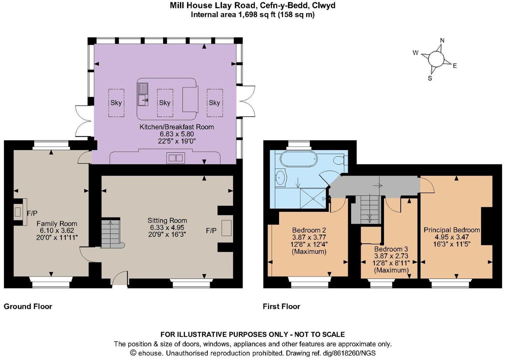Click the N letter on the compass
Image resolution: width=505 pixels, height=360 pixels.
442,41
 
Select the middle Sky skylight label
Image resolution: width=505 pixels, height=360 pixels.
165,103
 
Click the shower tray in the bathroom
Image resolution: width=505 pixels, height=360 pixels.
313,198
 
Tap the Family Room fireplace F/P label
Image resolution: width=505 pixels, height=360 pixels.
32,213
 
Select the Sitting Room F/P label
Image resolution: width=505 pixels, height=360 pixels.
211,230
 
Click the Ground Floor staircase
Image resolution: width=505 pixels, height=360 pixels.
110,233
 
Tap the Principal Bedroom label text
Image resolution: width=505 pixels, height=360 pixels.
452,230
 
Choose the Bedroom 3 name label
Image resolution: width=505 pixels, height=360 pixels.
391,249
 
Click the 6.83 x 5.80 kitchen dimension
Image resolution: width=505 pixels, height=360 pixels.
176,134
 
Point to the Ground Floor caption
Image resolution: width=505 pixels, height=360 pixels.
28,306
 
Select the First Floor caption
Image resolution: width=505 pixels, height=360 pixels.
281,306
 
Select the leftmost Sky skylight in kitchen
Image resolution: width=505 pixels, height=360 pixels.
116,103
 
